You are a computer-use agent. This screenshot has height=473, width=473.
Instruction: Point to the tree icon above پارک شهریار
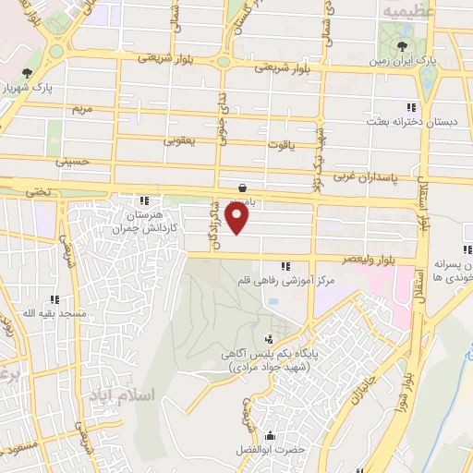pyautogui.click(x=28, y=73)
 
